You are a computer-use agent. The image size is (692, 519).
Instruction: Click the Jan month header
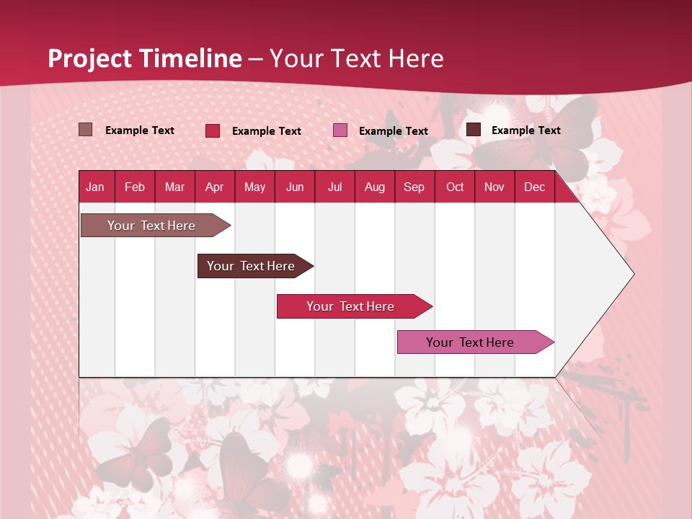pyautogui.click(x=95, y=187)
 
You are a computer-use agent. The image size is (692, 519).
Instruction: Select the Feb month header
pyautogui.click(x=135, y=187)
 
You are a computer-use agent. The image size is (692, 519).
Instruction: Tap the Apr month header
pyautogui.click(x=215, y=187)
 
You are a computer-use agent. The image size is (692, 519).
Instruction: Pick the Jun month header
pyautogui.click(x=295, y=187)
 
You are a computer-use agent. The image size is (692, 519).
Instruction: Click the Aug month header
pyautogui.click(x=375, y=187)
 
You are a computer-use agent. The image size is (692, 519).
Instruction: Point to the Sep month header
pyautogui.click(x=414, y=187)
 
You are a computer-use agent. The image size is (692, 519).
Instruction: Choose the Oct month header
pyautogui.click(x=455, y=187)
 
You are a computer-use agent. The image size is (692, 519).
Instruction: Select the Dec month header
pyautogui.click(x=535, y=187)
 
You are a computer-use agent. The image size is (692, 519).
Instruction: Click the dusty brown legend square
pyautogui.click(x=86, y=130)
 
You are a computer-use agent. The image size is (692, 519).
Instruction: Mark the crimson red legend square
pyautogui.click(x=213, y=130)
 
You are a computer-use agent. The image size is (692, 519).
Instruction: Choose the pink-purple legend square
pyautogui.click(x=340, y=130)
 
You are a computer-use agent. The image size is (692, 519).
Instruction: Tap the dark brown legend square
pyautogui.click(x=474, y=130)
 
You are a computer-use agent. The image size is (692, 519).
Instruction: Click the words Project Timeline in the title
pyautogui.click(x=144, y=58)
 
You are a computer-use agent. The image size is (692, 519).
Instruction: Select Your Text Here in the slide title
pyautogui.click(x=357, y=58)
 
